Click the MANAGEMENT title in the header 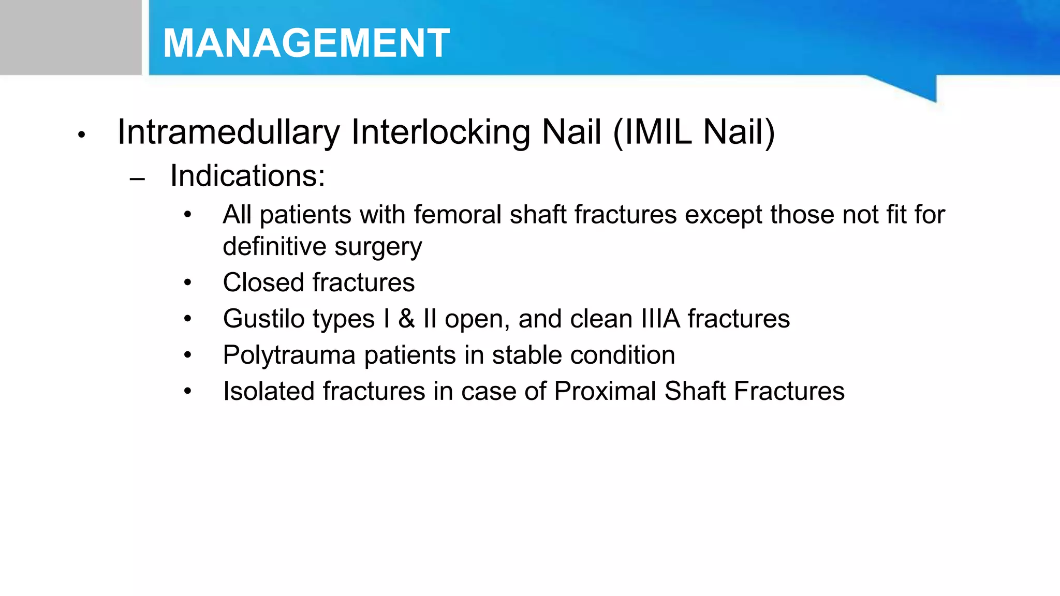point(306,43)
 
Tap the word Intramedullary point(228,132)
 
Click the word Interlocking point(440,132)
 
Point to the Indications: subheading point(247,176)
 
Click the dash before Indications point(137,180)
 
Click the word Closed point(263,283)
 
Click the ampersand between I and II point(407,319)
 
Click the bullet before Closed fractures point(187,283)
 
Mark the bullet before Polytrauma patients point(187,355)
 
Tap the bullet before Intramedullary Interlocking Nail point(81,136)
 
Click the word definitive point(274,247)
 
